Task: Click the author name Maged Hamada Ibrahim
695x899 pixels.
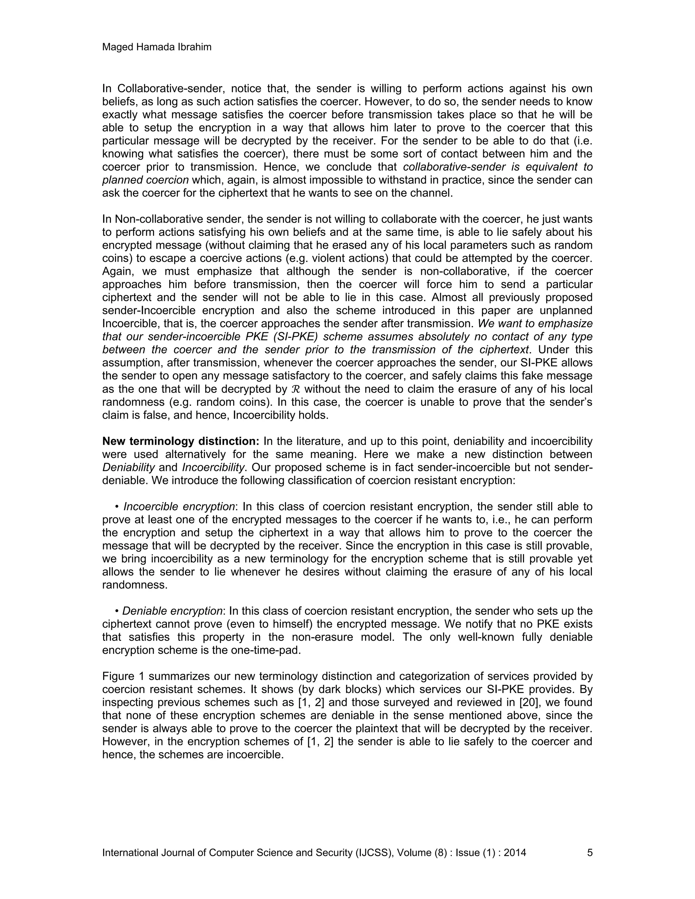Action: (156, 47)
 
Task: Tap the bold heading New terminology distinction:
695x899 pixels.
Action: (180, 441)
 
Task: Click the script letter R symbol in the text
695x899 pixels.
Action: (296, 389)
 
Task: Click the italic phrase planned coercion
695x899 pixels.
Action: (145, 180)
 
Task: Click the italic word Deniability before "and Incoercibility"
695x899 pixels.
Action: (129, 467)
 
